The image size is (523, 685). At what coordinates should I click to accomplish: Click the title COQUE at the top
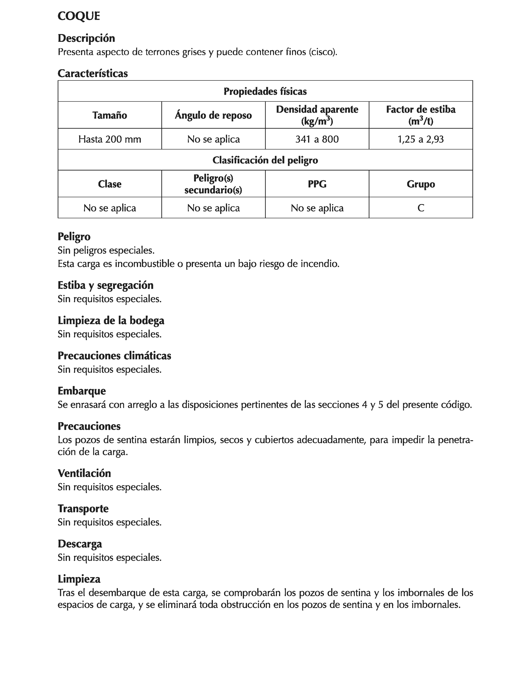(79, 16)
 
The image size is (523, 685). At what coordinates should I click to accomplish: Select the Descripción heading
(86, 38)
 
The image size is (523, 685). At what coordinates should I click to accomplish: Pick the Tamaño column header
(110, 115)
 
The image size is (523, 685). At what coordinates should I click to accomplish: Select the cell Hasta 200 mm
(110, 139)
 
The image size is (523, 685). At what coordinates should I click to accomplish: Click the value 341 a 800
(317, 139)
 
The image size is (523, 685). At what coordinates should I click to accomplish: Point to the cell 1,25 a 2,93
(420, 139)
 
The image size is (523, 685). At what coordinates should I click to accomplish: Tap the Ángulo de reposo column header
(213, 115)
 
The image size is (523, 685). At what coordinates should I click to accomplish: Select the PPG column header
(317, 184)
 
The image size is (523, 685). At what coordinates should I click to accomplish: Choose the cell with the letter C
(420, 208)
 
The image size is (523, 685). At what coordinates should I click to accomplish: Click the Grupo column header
(420, 184)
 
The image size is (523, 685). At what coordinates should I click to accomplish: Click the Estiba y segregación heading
(105, 285)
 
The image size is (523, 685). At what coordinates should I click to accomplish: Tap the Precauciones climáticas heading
(114, 355)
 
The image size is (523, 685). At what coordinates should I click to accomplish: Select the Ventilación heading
(84, 473)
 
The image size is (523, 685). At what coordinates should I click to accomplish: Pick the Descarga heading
(80, 544)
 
